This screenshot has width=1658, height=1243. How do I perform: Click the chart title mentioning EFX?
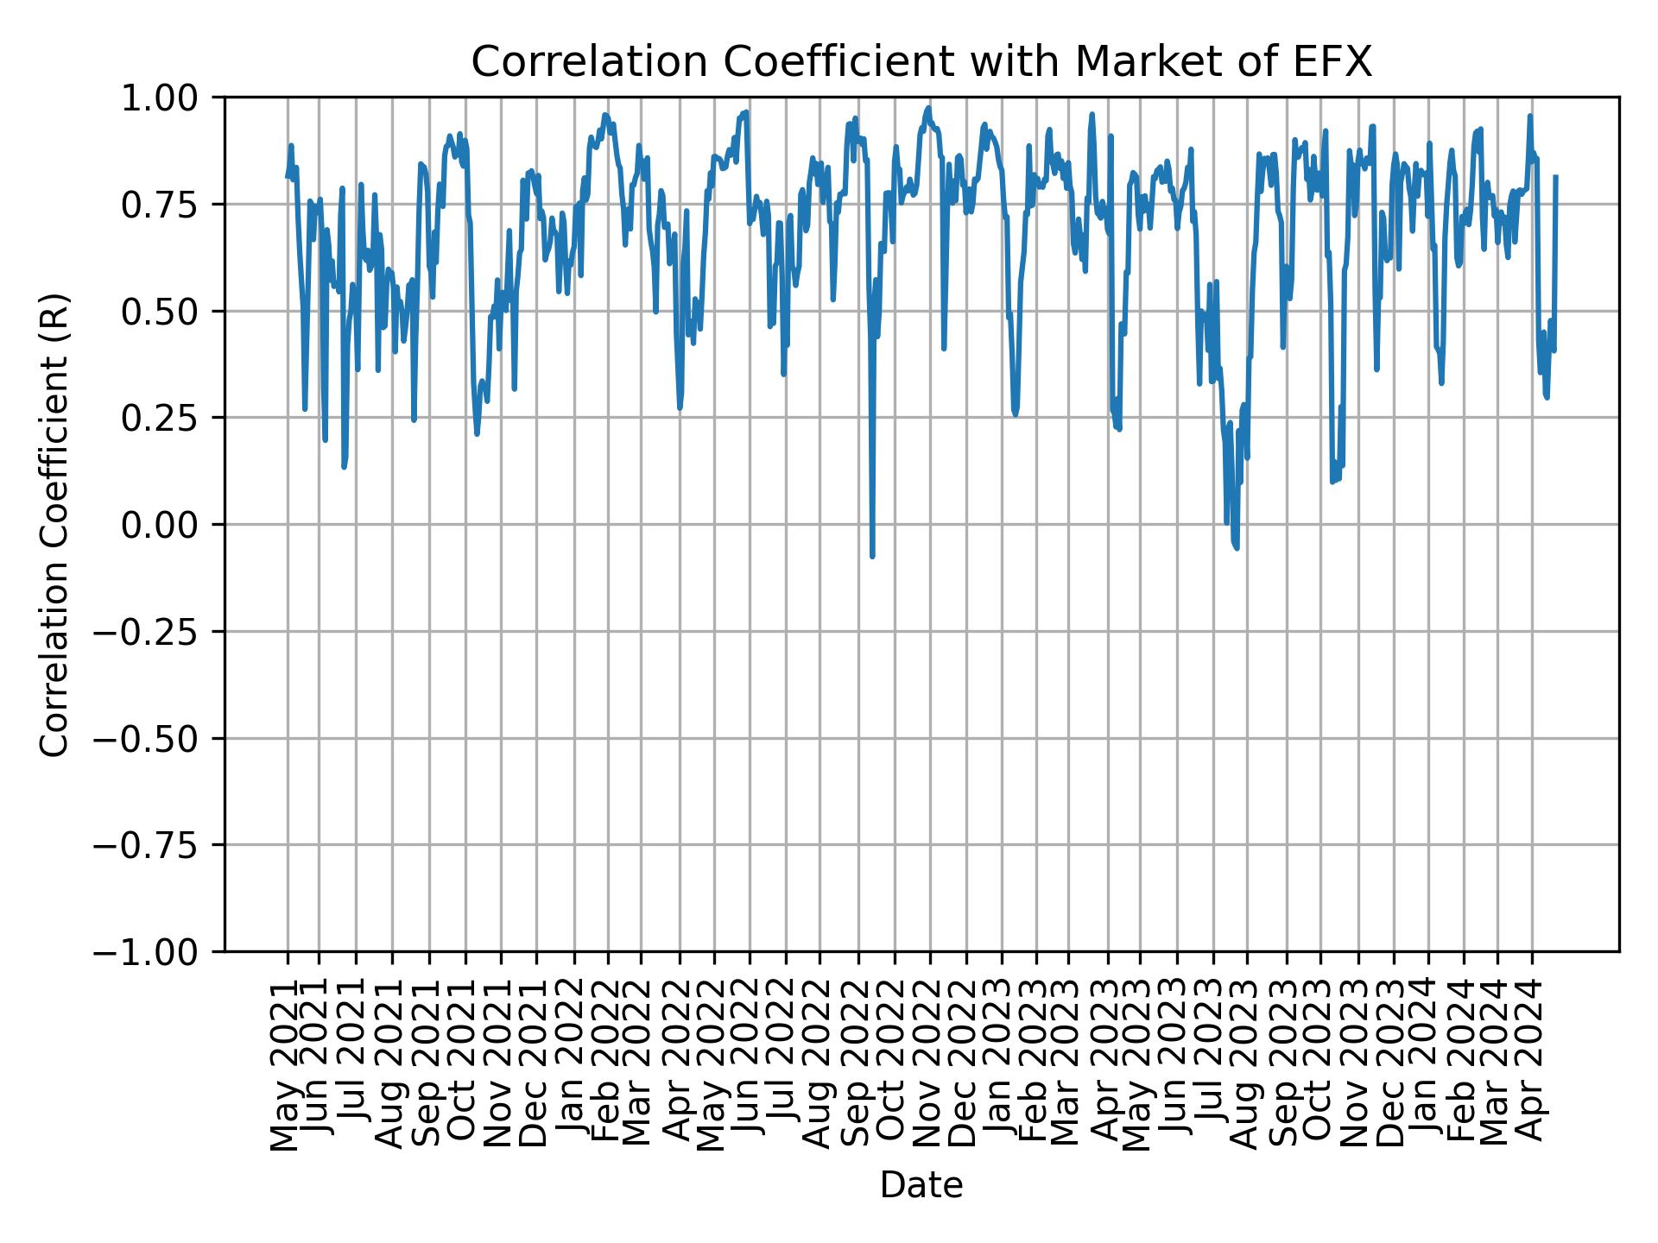point(921,62)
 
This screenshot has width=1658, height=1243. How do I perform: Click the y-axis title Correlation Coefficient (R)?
point(54,524)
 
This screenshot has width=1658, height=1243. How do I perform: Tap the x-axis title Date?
point(921,1185)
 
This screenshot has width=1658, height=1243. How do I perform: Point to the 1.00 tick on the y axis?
point(171,98)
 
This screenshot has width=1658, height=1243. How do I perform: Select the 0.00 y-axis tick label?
point(171,525)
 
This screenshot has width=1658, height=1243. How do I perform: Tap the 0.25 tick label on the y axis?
point(171,418)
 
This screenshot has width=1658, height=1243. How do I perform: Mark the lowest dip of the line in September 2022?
point(872,555)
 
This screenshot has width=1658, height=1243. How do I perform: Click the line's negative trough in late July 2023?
point(1237,546)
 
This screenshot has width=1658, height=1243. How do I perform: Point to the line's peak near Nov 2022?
point(928,108)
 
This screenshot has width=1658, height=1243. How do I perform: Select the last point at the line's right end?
point(1555,177)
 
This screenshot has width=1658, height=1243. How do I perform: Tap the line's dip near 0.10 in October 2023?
point(1332,481)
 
